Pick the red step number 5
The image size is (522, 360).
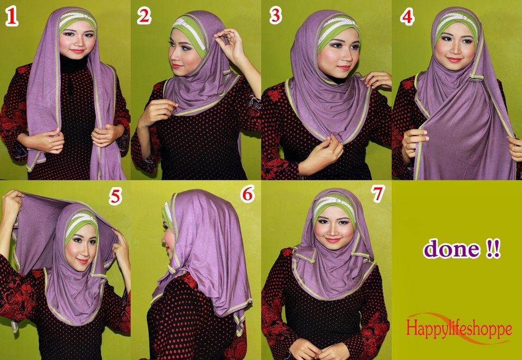(115, 196)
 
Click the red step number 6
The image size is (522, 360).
(248, 194)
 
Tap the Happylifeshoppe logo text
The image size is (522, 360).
(458, 328)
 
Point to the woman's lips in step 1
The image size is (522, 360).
(77, 51)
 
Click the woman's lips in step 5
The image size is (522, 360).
(82, 260)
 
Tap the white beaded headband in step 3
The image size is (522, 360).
(338, 24)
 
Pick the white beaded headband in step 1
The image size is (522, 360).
(77, 16)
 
